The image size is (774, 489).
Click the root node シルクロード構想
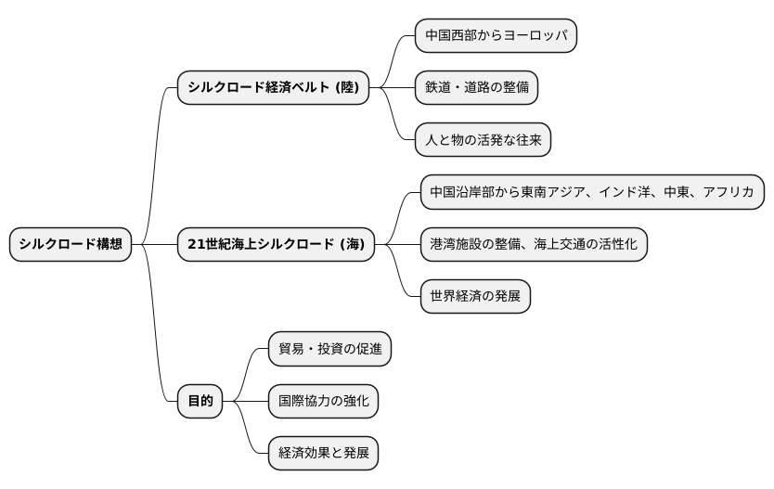71,245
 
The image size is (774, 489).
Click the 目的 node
200,401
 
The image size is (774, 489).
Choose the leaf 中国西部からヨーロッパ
496,35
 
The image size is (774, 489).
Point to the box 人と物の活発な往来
483,140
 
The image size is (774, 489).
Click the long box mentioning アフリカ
592,193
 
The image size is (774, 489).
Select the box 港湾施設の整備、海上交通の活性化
534,245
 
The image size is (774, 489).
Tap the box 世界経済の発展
475,297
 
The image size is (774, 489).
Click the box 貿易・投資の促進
329,349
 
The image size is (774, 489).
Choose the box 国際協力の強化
323,401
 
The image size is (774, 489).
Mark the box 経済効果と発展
323,454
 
